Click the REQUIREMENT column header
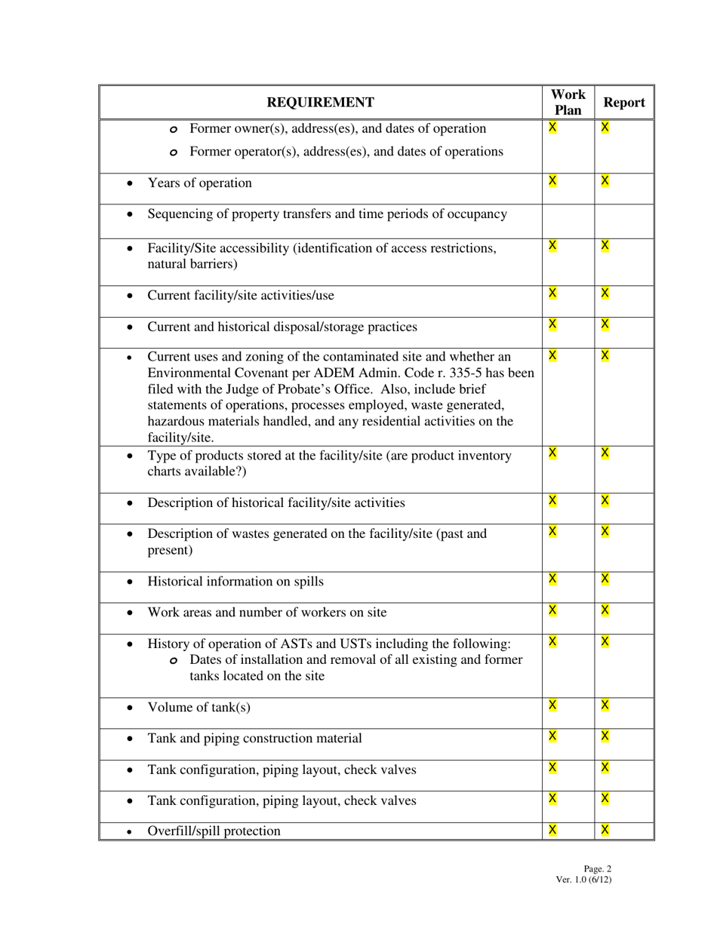320,103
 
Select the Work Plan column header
568,103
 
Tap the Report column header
624,103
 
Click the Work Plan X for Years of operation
552,180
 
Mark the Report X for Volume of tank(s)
605,705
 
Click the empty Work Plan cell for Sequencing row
568,220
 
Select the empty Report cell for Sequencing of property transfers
624,220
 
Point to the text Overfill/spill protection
214,831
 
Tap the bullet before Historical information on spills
131,582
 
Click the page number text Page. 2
597,868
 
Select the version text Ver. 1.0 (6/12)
583,879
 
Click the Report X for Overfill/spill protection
605,830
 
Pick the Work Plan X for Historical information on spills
552,579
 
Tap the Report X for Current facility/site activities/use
605,293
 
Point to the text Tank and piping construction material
254,738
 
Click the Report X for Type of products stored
605,453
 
